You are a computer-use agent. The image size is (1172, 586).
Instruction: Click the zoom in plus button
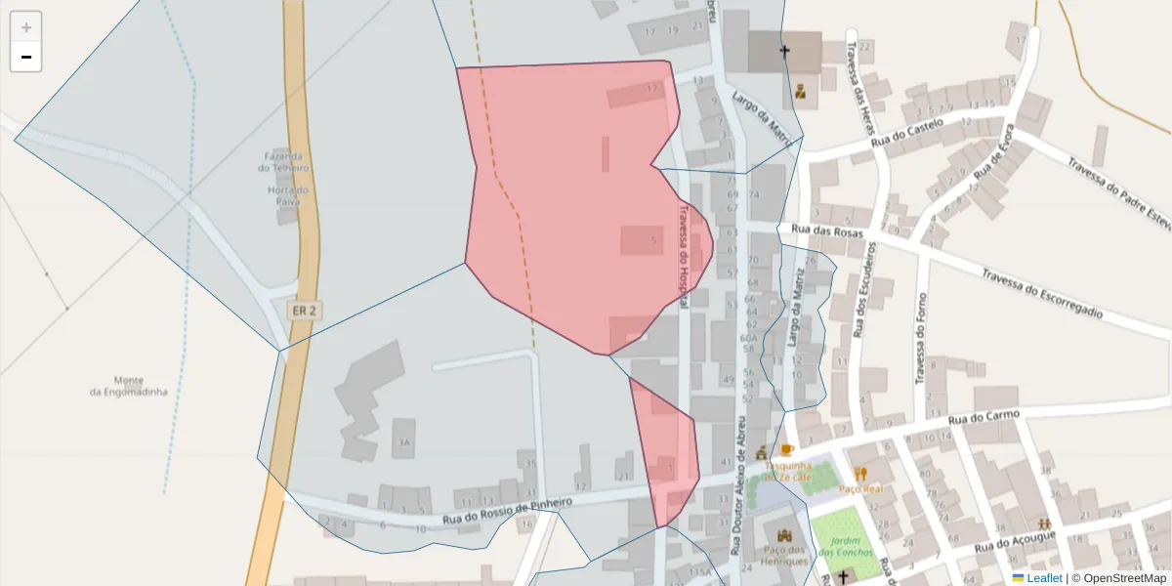pos(26,27)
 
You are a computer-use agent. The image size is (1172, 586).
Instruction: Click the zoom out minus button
pos(26,57)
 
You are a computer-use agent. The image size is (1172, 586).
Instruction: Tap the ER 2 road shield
pos(305,311)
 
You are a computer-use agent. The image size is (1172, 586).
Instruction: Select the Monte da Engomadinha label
pos(129,386)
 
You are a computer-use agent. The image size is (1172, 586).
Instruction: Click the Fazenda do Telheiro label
pos(283,161)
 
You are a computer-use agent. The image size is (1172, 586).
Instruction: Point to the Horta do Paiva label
pos(288,195)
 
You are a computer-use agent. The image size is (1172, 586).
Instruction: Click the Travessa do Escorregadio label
pos(1042,294)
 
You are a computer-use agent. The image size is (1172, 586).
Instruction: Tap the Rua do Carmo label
pos(984,417)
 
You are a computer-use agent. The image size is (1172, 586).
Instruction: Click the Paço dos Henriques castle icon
pos(785,534)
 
